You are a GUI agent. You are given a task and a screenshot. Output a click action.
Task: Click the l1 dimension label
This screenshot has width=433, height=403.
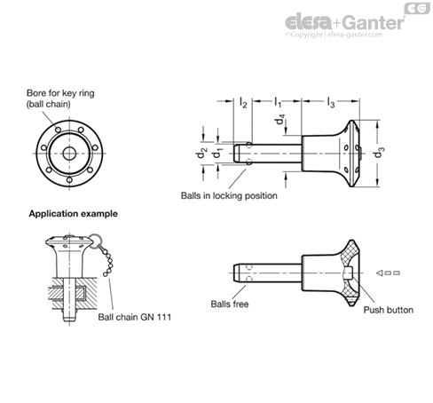pos(278,102)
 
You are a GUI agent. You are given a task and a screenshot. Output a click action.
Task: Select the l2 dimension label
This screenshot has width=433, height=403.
pos(243,102)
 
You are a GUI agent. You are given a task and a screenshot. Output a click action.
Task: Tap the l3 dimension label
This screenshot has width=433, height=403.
pos(331,102)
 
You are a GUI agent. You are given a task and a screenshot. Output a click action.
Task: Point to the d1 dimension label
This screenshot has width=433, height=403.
pos(218,153)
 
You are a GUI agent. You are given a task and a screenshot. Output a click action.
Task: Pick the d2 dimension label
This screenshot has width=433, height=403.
pos(202,153)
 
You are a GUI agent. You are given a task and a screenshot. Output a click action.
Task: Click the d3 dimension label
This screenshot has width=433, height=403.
pos(380,153)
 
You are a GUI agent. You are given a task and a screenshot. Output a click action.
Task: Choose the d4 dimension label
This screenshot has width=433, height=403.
pos(279,120)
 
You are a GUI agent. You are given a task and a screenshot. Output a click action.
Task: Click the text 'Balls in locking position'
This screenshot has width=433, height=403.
pos(229,195)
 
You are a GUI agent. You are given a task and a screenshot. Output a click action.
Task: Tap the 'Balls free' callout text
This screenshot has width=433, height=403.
pos(230,304)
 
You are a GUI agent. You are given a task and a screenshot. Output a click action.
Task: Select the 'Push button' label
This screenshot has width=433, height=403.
pos(389,310)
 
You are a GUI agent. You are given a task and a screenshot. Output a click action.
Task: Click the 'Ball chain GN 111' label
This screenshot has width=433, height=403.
pos(135,317)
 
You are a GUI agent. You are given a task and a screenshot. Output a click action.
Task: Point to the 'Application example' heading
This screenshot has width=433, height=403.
pos(73,214)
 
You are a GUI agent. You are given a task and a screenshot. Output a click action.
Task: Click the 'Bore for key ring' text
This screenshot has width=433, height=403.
pos(60,93)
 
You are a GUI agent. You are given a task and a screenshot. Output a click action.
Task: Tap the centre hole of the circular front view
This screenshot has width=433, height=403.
pos(69,153)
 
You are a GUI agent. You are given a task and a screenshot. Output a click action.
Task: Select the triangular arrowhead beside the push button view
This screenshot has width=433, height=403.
pos(380,273)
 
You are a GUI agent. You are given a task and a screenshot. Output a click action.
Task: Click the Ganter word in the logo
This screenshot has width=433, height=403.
pos(374,23)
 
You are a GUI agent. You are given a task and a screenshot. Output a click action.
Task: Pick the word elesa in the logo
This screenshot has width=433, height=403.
pos(309,22)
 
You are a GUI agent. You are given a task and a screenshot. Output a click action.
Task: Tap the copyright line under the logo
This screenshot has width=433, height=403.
pos(334,35)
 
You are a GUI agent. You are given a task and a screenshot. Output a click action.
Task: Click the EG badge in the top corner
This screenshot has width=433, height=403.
pos(417,8)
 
